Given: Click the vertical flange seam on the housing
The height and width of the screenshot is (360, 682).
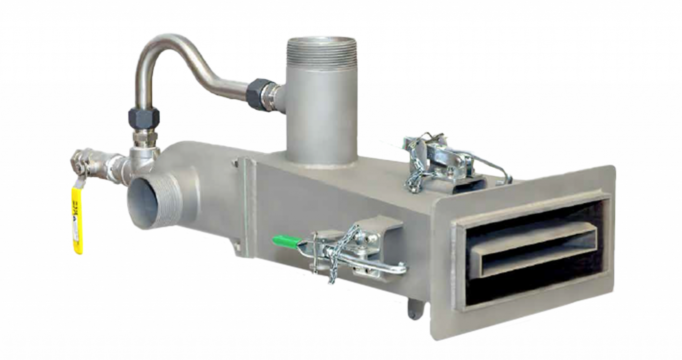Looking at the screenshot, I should click(x=247, y=200).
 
